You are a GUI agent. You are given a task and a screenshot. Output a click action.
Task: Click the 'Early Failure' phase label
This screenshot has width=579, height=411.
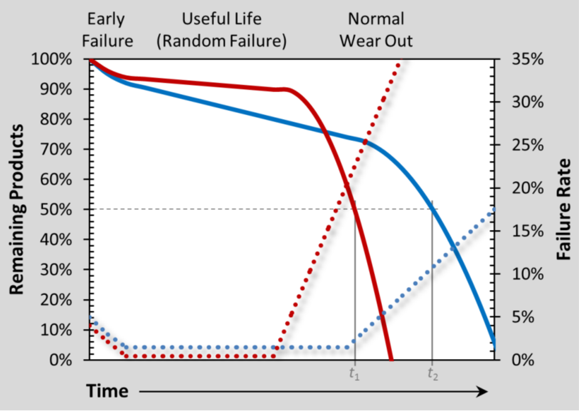pos(110,30)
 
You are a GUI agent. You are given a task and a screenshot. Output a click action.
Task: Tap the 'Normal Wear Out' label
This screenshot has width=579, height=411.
pos(376,30)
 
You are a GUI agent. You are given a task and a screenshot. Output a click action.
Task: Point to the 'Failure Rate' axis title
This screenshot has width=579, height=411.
pos(563,209)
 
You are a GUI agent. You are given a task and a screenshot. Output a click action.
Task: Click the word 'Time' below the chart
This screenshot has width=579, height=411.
pos(107,392)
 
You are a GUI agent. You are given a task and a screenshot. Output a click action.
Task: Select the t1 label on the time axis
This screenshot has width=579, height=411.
pos(354,374)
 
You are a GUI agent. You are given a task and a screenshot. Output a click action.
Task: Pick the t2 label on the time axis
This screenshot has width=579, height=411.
pos(432,374)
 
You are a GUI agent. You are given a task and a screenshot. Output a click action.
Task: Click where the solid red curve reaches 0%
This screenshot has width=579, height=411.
pos(391,359)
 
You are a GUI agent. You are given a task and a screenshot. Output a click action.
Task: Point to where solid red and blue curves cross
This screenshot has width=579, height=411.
pos(324,130)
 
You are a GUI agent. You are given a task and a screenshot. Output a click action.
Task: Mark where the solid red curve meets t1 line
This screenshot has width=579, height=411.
pos(354,209)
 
